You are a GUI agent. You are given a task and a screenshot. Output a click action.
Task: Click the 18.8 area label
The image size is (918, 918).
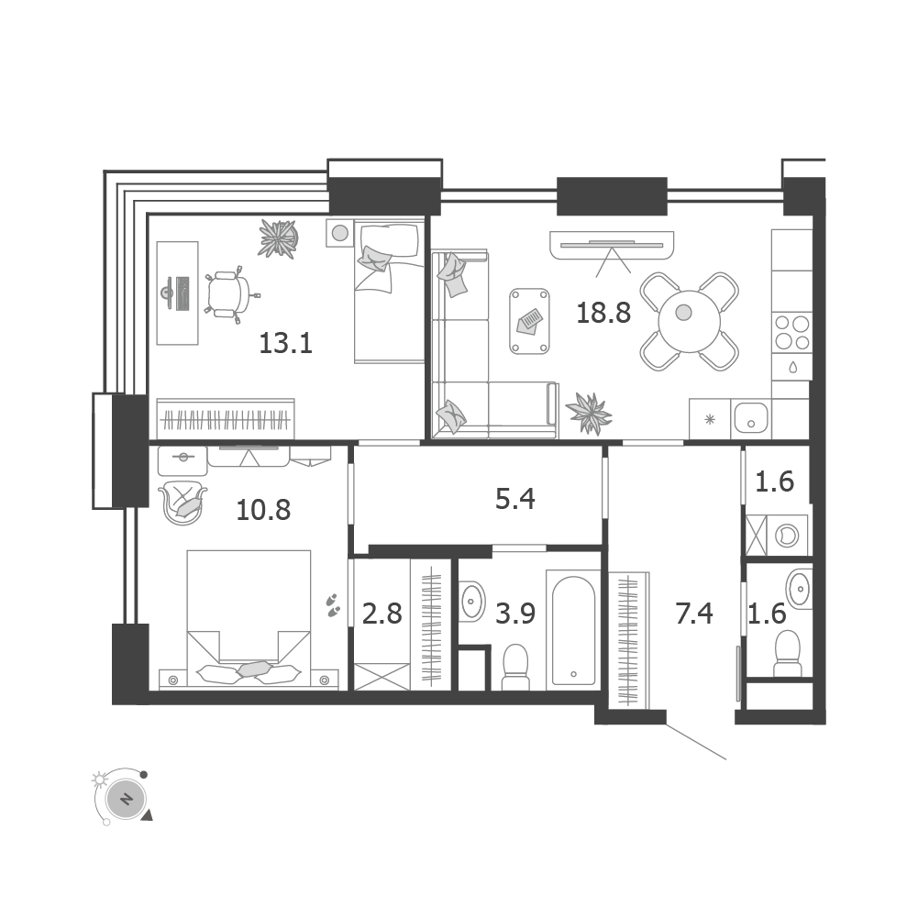tap(603, 314)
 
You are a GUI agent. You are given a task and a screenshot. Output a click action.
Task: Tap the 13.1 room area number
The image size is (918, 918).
tap(286, 344)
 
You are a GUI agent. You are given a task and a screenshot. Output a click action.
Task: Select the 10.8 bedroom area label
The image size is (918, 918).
tap(263, 509)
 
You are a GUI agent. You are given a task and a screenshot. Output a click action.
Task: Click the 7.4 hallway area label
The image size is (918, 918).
tap(694, 614)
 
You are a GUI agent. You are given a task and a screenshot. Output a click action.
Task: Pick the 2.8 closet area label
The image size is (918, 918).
tap(382, 614)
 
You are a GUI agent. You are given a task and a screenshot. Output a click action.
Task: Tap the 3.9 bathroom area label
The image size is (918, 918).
tap(516, 614)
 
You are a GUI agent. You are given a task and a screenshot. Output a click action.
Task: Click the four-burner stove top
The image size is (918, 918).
tap(792, 333)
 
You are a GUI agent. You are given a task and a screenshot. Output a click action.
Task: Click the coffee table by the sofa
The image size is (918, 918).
tap(531, 321)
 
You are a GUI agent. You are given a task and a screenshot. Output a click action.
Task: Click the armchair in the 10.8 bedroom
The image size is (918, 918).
tap(182, 502)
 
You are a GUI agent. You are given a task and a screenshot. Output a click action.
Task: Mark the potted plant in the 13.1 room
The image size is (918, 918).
tap(278, 238)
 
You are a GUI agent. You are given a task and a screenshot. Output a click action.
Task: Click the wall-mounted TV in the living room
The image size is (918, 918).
tap(610, 244)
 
